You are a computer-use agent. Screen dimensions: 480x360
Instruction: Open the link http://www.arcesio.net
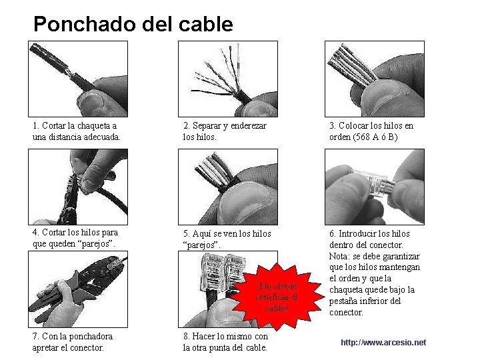click(x=383, y=342)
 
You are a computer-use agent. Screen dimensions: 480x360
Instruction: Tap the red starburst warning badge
click(x=277, y=296)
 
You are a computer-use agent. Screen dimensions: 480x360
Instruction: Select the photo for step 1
click(x=78, y=79)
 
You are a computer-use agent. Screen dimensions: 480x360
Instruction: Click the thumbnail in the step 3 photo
click(x=383, y=98)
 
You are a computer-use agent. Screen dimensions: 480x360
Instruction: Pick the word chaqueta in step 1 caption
click(x=94, y=125)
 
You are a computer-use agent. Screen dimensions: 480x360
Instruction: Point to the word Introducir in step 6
click(x=357, y=233)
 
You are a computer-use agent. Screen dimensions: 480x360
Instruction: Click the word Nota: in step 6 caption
click(x=339, y=256)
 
